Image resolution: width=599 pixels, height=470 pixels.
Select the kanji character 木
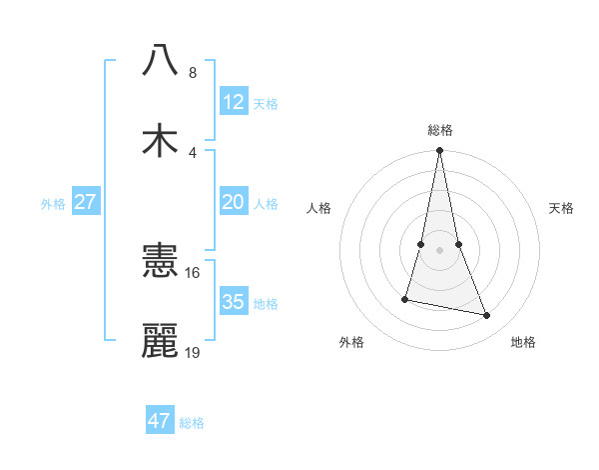pyautogui.click(x=160, y=141)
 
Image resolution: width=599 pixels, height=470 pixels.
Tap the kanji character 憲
pyautogui.click(x=160, y=261)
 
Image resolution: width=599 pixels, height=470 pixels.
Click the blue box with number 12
pyautogui.click(x=234, y=102)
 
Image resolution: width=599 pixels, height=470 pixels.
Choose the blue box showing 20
pyautogui.click(x=234, y=202)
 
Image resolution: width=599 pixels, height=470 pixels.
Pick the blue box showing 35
pyautogui.click(x=234, y=302)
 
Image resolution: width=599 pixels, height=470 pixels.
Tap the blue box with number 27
pyautogui.click(x=86, y=202)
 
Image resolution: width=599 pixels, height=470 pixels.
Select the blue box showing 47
pyautogui.click(x=160, y=421)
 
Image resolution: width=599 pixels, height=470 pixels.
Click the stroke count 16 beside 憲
pyautogui.click(x=193, y=272)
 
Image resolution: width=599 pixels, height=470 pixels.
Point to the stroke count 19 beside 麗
pyautogui.click(x=193, y=353)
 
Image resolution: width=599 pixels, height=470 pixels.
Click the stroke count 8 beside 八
pyautogui.click(x=193, y=72)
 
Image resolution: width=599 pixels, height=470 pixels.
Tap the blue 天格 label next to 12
pyautogui.click(x=266, y=103)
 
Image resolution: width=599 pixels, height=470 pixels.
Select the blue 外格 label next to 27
pyautogui.click(x=53, y=203)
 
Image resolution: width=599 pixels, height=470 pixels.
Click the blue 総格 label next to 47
pyautogui.click(x=192, y=422)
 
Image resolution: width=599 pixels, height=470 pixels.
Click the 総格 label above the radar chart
pyautogui.click(x=440, y=130)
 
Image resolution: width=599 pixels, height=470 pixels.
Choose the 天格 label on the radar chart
pyautogui.click(x=562, y=208)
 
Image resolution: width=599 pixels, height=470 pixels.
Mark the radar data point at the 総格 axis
pyautogui.click(x=440, y=151)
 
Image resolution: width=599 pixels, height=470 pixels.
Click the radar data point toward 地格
pyautogui.click(x=487, y=316)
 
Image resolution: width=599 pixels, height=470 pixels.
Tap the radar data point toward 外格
pyautogui.click(x=405, y=298)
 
